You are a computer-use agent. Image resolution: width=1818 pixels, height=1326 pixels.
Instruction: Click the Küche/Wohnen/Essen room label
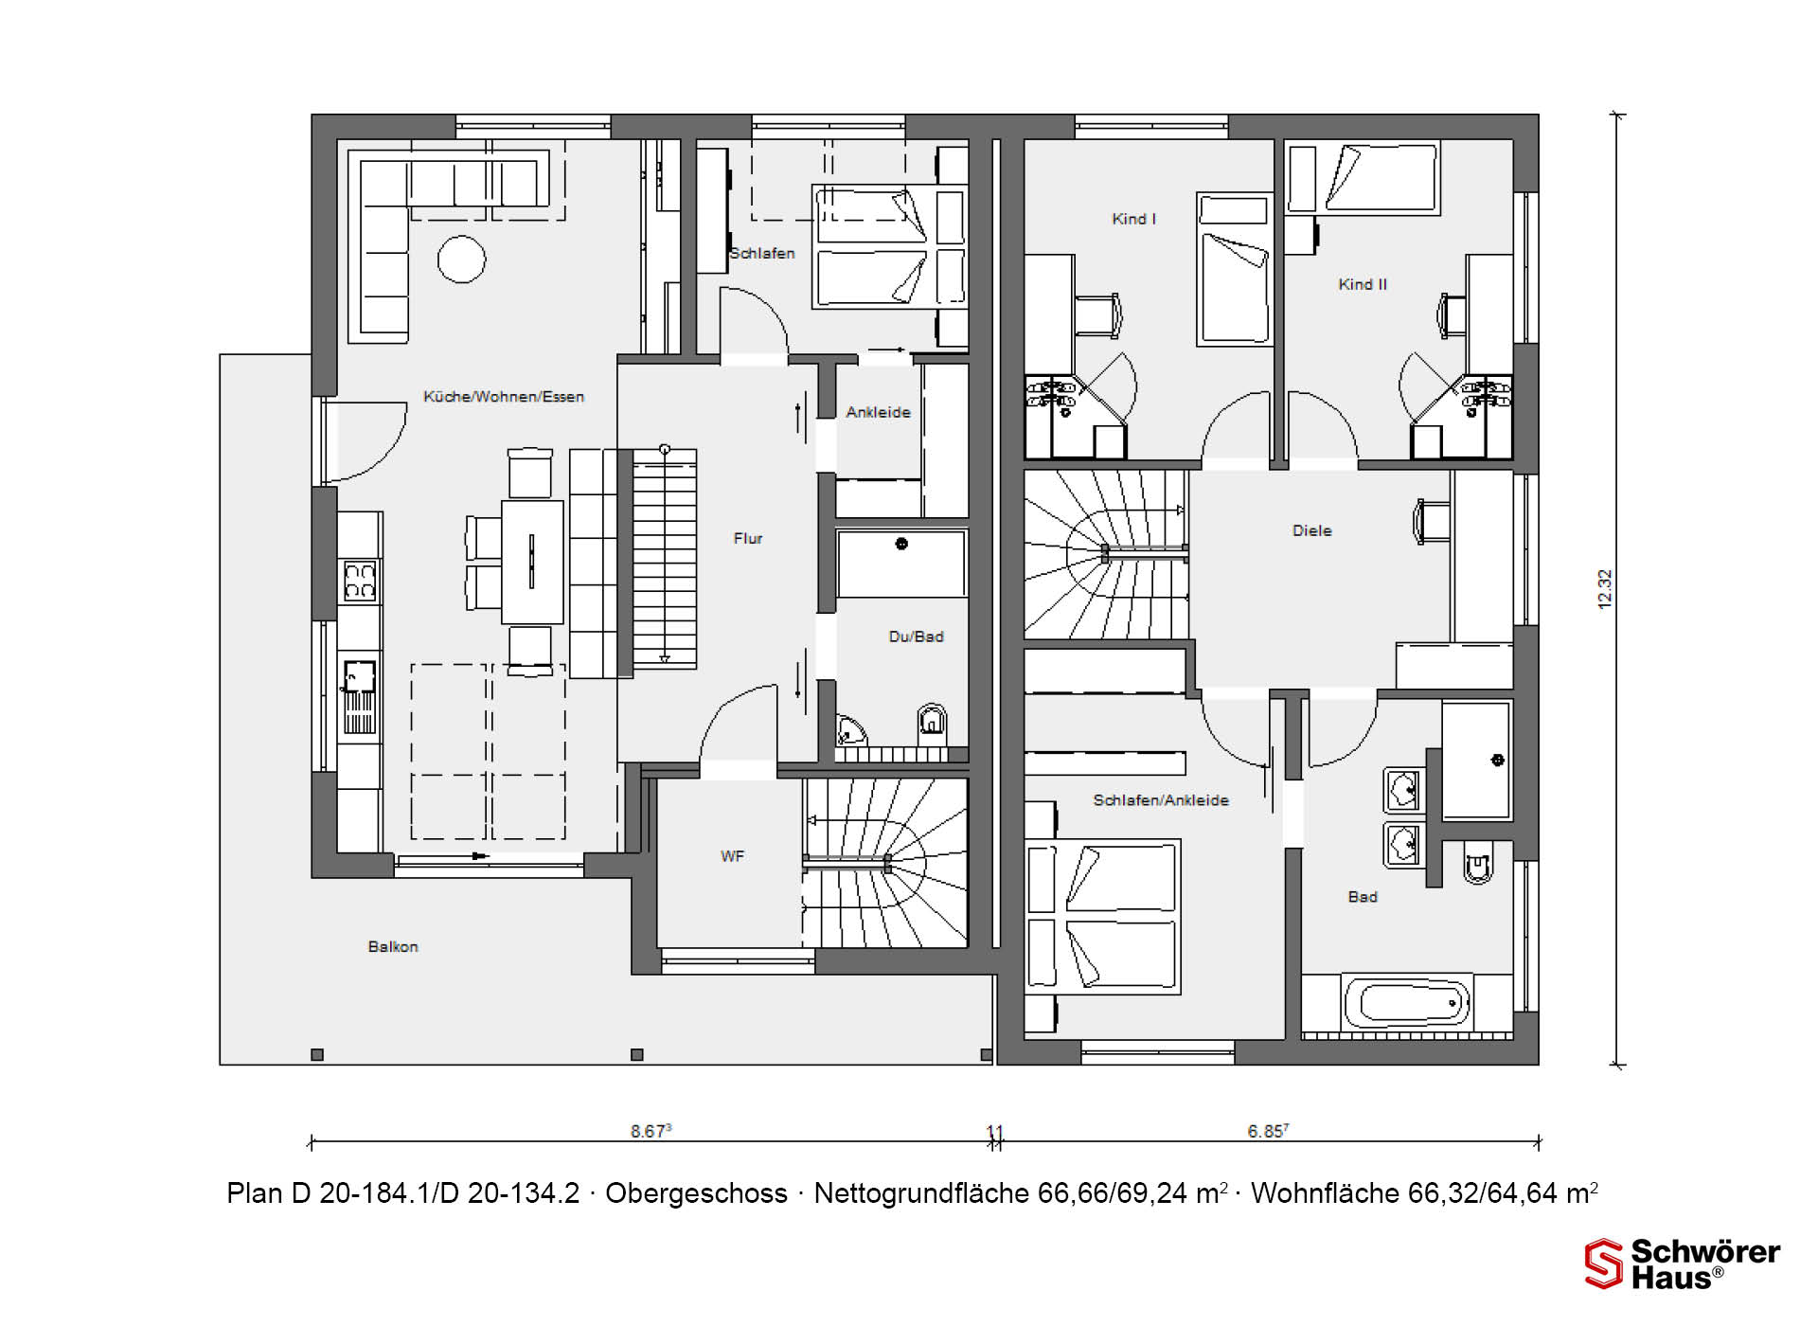tap(504, 397)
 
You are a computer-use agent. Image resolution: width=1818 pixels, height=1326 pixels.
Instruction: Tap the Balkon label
tap(393, 946)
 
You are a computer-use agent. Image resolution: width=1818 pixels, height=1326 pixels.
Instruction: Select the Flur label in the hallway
tap(748, 538)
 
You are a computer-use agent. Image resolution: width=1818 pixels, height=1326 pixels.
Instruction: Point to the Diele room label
tap(1312, 530)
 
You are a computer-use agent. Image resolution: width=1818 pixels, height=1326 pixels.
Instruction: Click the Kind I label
tap(1133, 219)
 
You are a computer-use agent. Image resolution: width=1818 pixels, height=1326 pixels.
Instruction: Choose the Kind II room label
tap(1363, 284)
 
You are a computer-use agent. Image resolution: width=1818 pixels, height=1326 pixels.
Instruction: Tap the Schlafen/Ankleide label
tap(1161, 800)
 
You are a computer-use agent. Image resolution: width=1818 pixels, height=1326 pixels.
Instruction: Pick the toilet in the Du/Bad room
tap(932, 722)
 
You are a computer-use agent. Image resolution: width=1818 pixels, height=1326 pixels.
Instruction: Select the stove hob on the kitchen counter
tap(360, 581)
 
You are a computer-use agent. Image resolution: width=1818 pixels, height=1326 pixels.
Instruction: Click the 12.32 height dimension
tap(1604, 589)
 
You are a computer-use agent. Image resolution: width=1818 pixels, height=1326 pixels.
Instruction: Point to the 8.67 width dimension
tap(651, 1131)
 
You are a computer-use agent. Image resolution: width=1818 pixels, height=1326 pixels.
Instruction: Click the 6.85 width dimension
tap(1268, 1131)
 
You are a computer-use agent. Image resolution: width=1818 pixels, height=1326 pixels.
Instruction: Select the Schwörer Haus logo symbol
tap(1604, 1263)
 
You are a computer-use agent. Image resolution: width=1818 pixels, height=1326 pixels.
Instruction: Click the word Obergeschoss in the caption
tap(696, 1193)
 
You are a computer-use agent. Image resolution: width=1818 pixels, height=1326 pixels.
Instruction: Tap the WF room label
tap(732, 856)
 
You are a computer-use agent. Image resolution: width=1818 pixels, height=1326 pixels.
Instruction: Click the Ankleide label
tap(878, 412)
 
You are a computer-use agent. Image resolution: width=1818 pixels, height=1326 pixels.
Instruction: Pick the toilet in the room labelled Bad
tap(1478, 862)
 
